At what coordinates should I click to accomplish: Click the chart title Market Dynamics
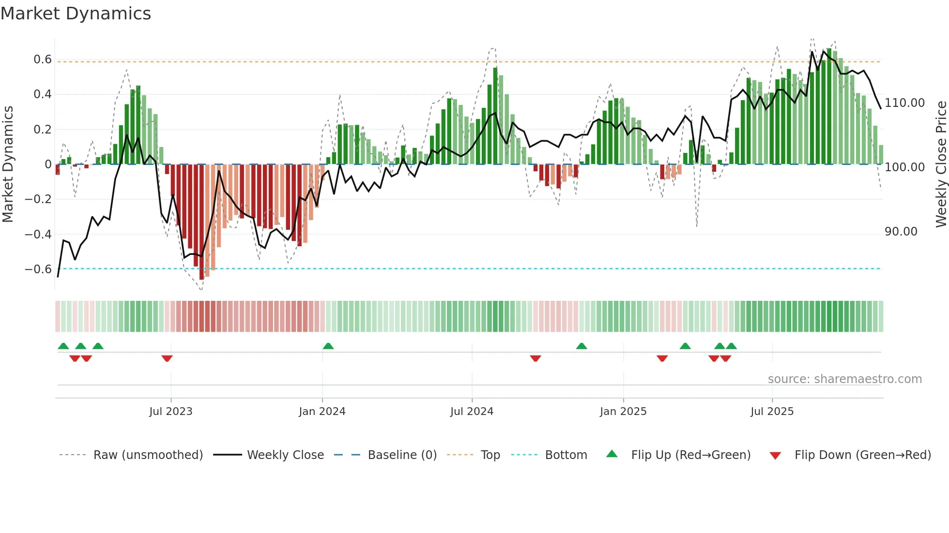coord(76,14)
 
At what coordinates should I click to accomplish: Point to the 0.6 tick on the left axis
coord(43,59)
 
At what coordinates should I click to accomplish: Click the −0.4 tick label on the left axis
coord(38,234)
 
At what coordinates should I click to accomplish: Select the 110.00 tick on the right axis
coord(904,103)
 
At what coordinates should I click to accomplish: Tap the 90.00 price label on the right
coord(901,232)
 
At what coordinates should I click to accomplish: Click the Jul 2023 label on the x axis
coord(170,412)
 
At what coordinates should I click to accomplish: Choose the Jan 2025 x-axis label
coord(623,412)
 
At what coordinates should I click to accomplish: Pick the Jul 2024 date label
coord(472,412)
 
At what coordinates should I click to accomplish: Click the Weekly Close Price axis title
coord(941,164)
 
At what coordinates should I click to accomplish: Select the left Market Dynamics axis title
coord(8,164)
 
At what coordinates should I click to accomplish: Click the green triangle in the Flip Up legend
coord(612,454)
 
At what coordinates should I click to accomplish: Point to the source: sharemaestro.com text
coord(844,379)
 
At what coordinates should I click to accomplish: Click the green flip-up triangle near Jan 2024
coord(328,346)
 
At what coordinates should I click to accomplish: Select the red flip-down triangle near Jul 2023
coord(167,358)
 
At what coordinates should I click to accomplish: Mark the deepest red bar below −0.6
coord(201,222)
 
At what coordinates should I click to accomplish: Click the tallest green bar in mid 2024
coord(495,116)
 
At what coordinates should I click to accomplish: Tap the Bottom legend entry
coord(566,455)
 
